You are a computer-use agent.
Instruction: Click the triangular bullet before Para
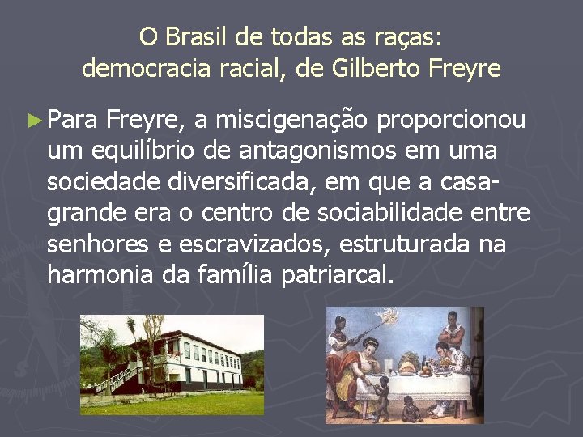(x=35, y=121)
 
